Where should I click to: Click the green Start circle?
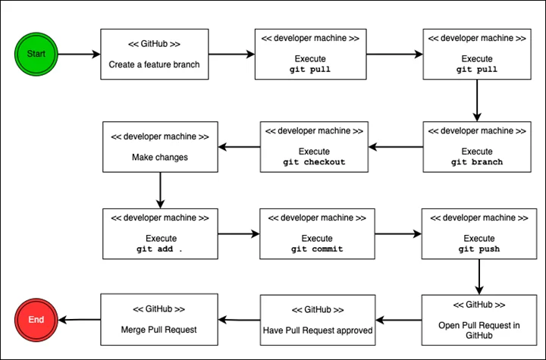coord(36,54)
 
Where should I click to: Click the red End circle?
coord(36,320)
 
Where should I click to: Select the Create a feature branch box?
coord(155,55)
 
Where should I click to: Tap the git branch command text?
coord(477,162)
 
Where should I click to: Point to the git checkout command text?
coord(314,162)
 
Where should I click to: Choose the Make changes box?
coord(160,147)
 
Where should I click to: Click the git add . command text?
coord(159,249)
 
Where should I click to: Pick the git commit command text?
coord(317,249)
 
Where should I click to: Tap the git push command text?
coord(479,249)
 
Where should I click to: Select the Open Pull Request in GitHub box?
coord(479,320)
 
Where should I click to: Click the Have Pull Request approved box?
coord(318,320)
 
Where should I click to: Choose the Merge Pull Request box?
coord(159,319)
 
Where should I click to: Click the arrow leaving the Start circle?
coord(79,55)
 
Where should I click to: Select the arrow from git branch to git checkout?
coord(396,147)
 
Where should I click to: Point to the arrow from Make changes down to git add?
coord(160,190)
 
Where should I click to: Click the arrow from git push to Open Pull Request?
coord(479,277)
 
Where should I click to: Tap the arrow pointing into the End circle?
coord(80,320)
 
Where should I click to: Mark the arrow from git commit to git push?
coord(398,234)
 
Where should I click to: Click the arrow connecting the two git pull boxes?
coord(395,55)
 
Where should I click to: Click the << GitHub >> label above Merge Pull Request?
coord(158,308)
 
